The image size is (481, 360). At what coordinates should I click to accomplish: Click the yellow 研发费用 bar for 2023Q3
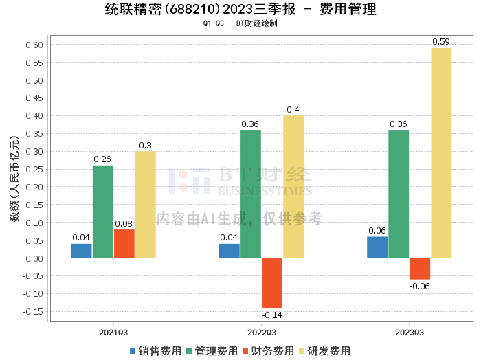[441, 153]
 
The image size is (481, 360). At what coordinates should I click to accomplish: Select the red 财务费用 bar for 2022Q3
[272, 283]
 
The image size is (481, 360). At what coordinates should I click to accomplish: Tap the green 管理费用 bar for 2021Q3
[103, 212]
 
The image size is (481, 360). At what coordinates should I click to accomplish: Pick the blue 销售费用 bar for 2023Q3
[377, 247]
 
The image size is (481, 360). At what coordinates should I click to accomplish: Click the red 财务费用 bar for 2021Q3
[124, 244]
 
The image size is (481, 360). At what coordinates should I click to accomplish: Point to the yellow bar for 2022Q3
[293, 187]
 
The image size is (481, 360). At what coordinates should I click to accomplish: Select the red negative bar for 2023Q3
[420, 269]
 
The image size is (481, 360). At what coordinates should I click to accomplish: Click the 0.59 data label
[441, 42]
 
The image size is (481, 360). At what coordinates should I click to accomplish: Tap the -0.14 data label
[272, 315]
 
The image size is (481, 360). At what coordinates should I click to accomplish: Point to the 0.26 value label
[102, 159]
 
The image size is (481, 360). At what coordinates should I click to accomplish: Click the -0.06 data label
[420, 286]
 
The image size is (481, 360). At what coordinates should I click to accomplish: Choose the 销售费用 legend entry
[155, 351]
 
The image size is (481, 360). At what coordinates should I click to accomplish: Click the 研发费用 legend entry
[324, 351]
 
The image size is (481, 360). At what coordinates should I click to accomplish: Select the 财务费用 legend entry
[268, 351]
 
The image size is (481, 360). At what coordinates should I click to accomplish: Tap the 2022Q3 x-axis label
[262, 333]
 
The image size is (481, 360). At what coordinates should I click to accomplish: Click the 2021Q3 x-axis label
[113, 333]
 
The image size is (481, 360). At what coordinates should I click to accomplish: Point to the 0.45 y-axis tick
[34, 98]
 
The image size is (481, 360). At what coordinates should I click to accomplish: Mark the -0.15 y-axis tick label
[33, 311]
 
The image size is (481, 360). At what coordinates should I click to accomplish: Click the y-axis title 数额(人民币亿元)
[14, 179]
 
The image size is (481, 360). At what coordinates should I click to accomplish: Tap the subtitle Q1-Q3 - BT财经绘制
[240, 23]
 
